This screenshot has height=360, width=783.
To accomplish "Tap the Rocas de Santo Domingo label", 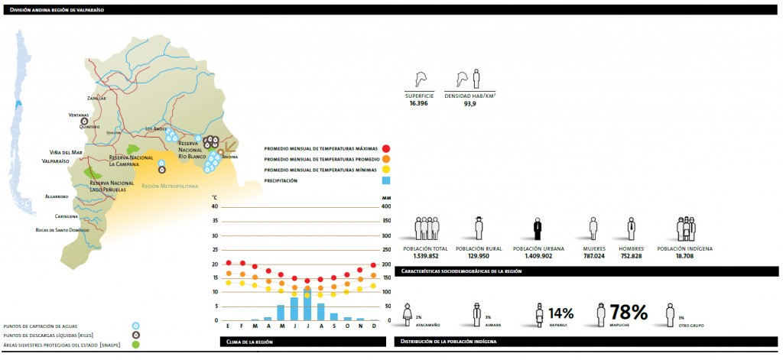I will (67, 229).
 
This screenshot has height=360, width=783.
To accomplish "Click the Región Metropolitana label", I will (169, 186).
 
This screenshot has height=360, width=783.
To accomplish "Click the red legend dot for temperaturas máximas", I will (386, 148).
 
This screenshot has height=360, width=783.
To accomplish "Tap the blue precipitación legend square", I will (386, 180).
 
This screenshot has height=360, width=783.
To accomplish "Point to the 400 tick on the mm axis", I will (386, 206).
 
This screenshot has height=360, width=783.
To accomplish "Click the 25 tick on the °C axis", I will (214, 249).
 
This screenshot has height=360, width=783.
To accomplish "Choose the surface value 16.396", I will (420, 102).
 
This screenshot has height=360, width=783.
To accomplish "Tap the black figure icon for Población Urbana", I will (538, 229).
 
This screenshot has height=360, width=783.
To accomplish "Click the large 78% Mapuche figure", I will (628, 312).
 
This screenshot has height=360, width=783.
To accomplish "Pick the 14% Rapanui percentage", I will (560, 313).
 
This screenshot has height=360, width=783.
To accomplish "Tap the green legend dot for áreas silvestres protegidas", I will (135, 343).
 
